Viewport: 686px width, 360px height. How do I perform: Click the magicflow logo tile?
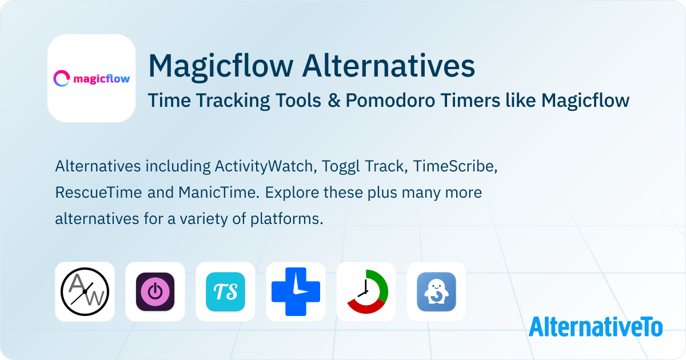91,78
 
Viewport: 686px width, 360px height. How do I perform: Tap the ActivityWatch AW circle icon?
85,291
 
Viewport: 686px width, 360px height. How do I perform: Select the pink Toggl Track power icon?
155,291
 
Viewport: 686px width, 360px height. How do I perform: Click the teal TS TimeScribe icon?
225,291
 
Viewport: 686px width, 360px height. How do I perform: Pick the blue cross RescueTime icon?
296,291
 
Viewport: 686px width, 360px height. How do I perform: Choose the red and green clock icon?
366,291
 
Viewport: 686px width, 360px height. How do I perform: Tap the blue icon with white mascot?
436,291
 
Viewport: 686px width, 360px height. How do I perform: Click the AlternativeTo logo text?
596,326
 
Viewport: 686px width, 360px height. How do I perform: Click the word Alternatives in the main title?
388,66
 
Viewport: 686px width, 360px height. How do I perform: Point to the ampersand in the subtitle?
334,100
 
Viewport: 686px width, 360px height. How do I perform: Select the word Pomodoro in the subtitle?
390,100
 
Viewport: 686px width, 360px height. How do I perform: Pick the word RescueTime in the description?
98,193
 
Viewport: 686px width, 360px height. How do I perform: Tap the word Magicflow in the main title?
221,66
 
